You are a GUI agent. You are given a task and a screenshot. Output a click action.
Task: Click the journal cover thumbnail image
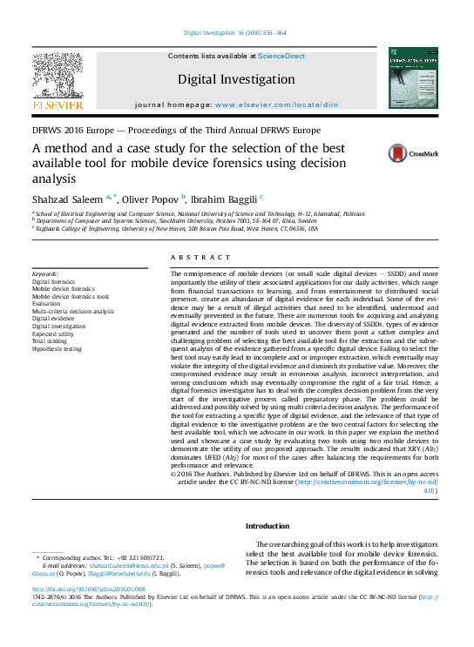pos(413,78)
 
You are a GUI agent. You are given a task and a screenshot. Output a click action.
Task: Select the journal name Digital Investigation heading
pos(236,79)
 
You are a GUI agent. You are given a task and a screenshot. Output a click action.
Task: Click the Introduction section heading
pos(267,527)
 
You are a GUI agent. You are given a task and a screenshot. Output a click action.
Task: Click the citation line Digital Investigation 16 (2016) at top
pos(235,33)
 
